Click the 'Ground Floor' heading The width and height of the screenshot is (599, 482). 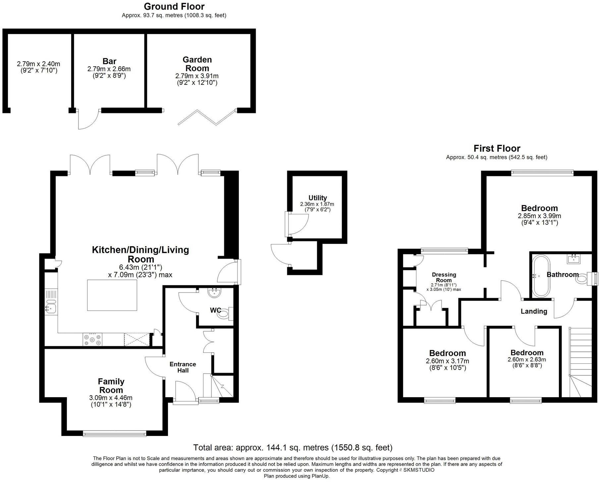(x=174, y=6)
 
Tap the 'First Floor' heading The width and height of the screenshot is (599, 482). (x=497, y=148)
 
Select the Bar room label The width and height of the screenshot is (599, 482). (x=109, y=61)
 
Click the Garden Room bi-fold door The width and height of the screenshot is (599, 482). (x=207, y=117)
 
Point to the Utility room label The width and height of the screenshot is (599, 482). (x=317, y=198)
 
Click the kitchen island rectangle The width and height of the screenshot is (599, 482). (x=112, y=295)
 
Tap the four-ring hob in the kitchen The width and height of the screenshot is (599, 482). (x=92, y=340)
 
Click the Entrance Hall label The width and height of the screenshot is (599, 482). (x=183, y=367)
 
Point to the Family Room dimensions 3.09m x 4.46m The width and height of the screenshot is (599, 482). (x=111, y=398)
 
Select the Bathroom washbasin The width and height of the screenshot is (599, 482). (x=574, y=259)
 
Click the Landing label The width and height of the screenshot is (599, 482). (x=533, y=311)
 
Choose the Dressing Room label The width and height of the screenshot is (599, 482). (x=444, y=277)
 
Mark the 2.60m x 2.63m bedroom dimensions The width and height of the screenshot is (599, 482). (x=526, y=359)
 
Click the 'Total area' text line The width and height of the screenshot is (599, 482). (x=293, y=448)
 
